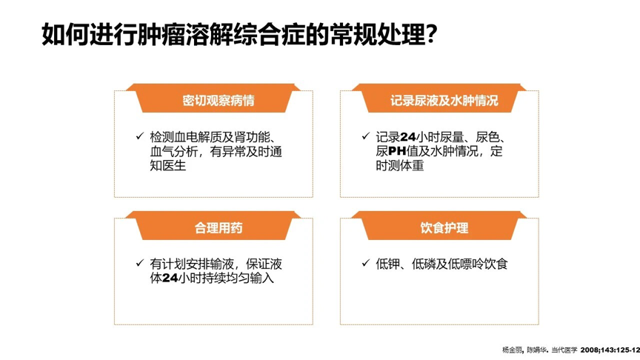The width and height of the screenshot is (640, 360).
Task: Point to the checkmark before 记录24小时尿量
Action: (365, 136)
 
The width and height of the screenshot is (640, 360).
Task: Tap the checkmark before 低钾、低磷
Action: (365, 263)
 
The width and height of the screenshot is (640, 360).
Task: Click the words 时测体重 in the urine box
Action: (400, 167)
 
